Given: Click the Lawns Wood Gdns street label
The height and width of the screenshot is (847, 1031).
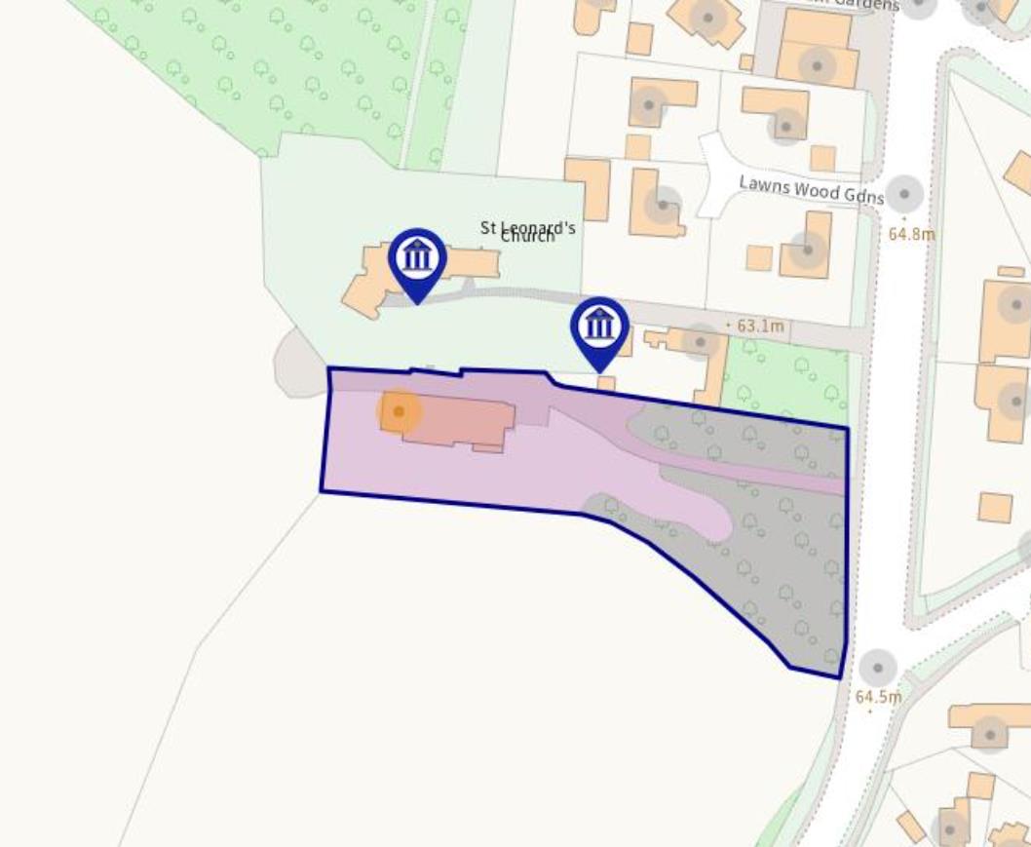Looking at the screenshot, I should pyautogui.click(x=810, y=188).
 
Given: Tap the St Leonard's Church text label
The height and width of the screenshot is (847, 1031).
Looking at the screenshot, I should pyautogui.click(x=528, y=231).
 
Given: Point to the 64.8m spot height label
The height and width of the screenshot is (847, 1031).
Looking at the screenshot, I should pyautogui.click(x=911, y=234).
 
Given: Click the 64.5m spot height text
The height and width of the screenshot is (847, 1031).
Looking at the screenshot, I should pyautogui.click(x=877, y=697).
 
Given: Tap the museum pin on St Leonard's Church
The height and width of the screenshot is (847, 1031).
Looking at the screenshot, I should pyautogui.click(x=417, y=259).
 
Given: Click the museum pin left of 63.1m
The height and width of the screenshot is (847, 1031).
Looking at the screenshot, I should pyautogui.click(x=599, y=327).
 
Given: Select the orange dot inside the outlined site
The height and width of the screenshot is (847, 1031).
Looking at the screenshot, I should pyautogui.click(x=399, y=412).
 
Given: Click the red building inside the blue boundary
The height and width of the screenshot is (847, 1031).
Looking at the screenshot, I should pyautogui.click(x=458, y=422).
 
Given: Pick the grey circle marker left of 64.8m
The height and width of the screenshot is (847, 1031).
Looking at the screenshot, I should pyautogui.click(x=904, y=194).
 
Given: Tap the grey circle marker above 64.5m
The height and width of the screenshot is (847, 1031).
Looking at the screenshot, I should pyautogui.click(x=877, y=669).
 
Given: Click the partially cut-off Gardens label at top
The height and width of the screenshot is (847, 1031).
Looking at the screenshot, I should pyautogui.click(x=858, y=5).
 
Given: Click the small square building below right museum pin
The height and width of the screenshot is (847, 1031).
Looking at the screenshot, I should pyautogui.click(x=606, y=383).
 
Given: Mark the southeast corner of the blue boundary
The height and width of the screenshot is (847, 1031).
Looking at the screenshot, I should pyautogui.click(x=840, y=677).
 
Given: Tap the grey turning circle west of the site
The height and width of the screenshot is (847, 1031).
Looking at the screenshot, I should pyautogui.click(x=292, y=363).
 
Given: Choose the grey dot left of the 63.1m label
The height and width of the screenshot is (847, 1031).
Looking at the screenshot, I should pyautogui.click(x=700, y=340).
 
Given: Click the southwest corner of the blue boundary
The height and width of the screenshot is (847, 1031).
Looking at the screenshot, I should pyautogui.click(x=322, y=491).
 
